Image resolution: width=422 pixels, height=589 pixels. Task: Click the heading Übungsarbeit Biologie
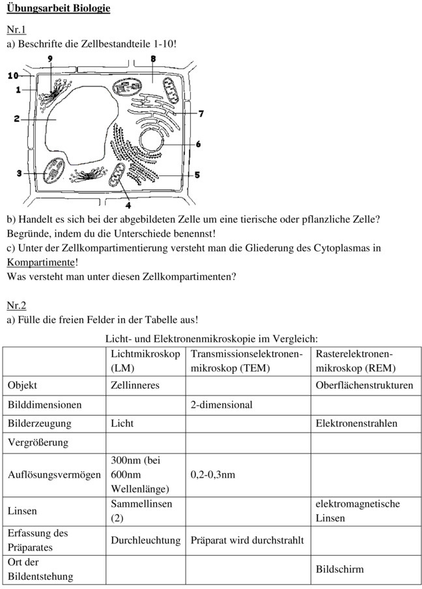point(58,8)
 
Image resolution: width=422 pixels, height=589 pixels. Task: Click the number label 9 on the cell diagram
point(50,59)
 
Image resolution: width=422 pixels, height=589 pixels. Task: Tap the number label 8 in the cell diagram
point(152,59)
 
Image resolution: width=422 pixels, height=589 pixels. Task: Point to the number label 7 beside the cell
point(201,114)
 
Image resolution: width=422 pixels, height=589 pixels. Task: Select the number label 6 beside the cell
point(197,144)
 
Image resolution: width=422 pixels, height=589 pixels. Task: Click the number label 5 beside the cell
point(197,175)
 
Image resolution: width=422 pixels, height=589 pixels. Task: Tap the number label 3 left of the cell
point(20,173)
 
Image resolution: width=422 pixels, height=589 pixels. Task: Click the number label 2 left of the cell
point(17,119)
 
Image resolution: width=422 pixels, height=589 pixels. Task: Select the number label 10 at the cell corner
point(13,76)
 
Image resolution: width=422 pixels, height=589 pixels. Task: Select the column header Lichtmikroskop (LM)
point(145,360)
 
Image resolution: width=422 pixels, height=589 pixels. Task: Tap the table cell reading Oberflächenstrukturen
point(364,386)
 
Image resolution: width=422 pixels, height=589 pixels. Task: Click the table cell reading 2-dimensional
point(221,405)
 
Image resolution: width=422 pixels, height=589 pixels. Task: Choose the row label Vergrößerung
point(38,442)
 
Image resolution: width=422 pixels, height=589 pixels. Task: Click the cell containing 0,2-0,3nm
point(212,474)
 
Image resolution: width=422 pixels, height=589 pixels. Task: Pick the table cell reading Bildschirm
point(339,569)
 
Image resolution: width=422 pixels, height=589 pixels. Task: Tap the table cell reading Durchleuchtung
point(145,540)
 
